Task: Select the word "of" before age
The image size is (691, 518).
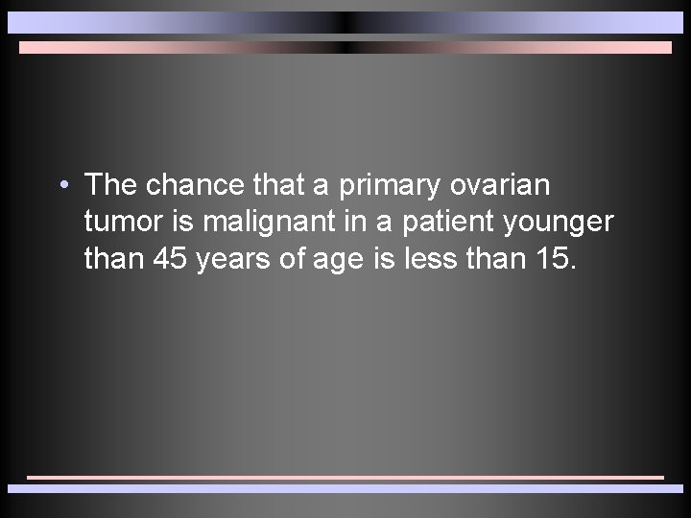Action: pyautogui.click(x=298, y=259)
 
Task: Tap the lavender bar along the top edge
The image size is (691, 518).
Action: pyautogui.click(x=345, y=22)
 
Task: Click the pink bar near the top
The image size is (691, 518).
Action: pyautogui.click(x=345, y=47)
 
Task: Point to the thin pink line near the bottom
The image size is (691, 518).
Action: pyautogui.click(x=345, y=476)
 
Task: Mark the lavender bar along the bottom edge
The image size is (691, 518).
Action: pyautogui.click(x=345, y=488)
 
